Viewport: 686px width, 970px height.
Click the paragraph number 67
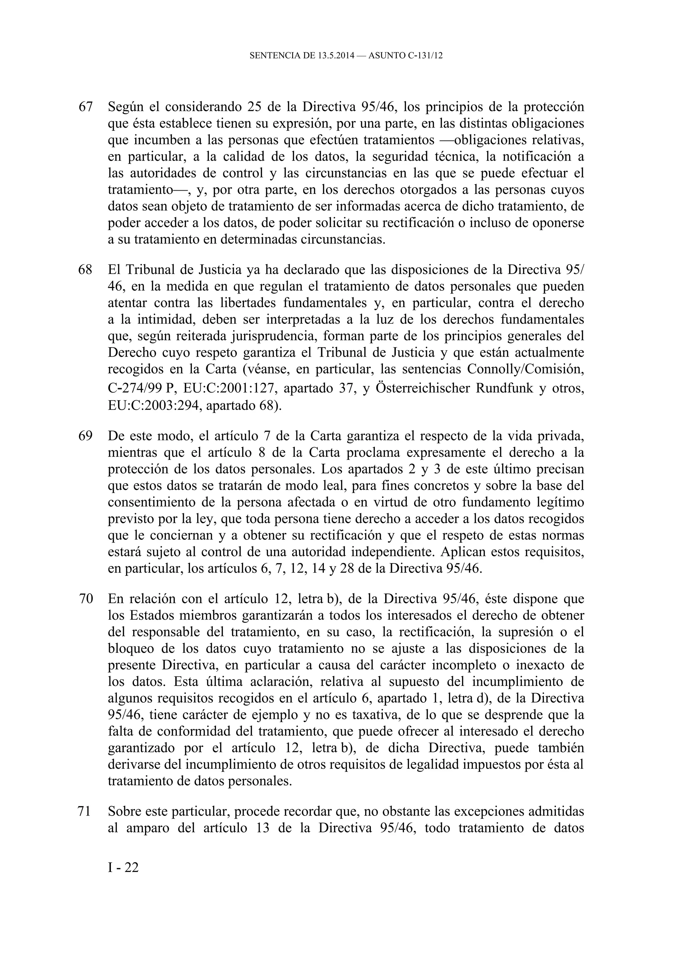[85, 107]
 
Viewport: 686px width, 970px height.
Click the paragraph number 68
[85, 270]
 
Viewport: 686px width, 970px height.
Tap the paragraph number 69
[85, 436]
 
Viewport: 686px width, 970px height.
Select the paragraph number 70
[85, 599]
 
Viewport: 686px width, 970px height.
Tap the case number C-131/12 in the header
[425, 55]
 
